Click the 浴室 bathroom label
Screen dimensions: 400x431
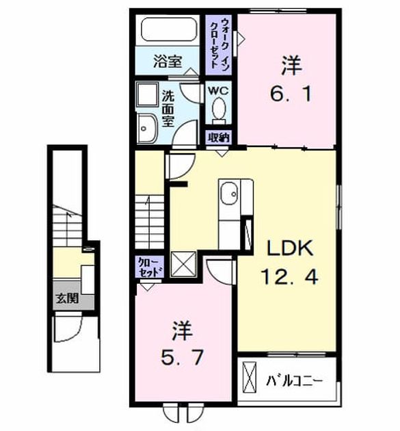[168, 62]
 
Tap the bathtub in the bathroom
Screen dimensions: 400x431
[170, 29]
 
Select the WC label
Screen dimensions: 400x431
[218, 90]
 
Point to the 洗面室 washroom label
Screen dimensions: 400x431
[168, 108]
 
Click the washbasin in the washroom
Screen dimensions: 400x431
[147, 129]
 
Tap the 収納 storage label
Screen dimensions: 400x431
[218, 137]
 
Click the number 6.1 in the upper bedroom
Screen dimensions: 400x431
[291, 94]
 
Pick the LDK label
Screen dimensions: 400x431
[291, 248]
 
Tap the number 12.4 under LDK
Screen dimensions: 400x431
[290, 276]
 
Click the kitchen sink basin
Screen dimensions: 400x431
[230, 194]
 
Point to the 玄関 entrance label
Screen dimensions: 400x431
[68, 298]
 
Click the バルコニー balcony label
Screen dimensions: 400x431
[294, 381]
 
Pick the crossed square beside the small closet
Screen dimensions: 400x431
[183, 264]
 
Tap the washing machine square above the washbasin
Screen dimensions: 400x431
[148, 94]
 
